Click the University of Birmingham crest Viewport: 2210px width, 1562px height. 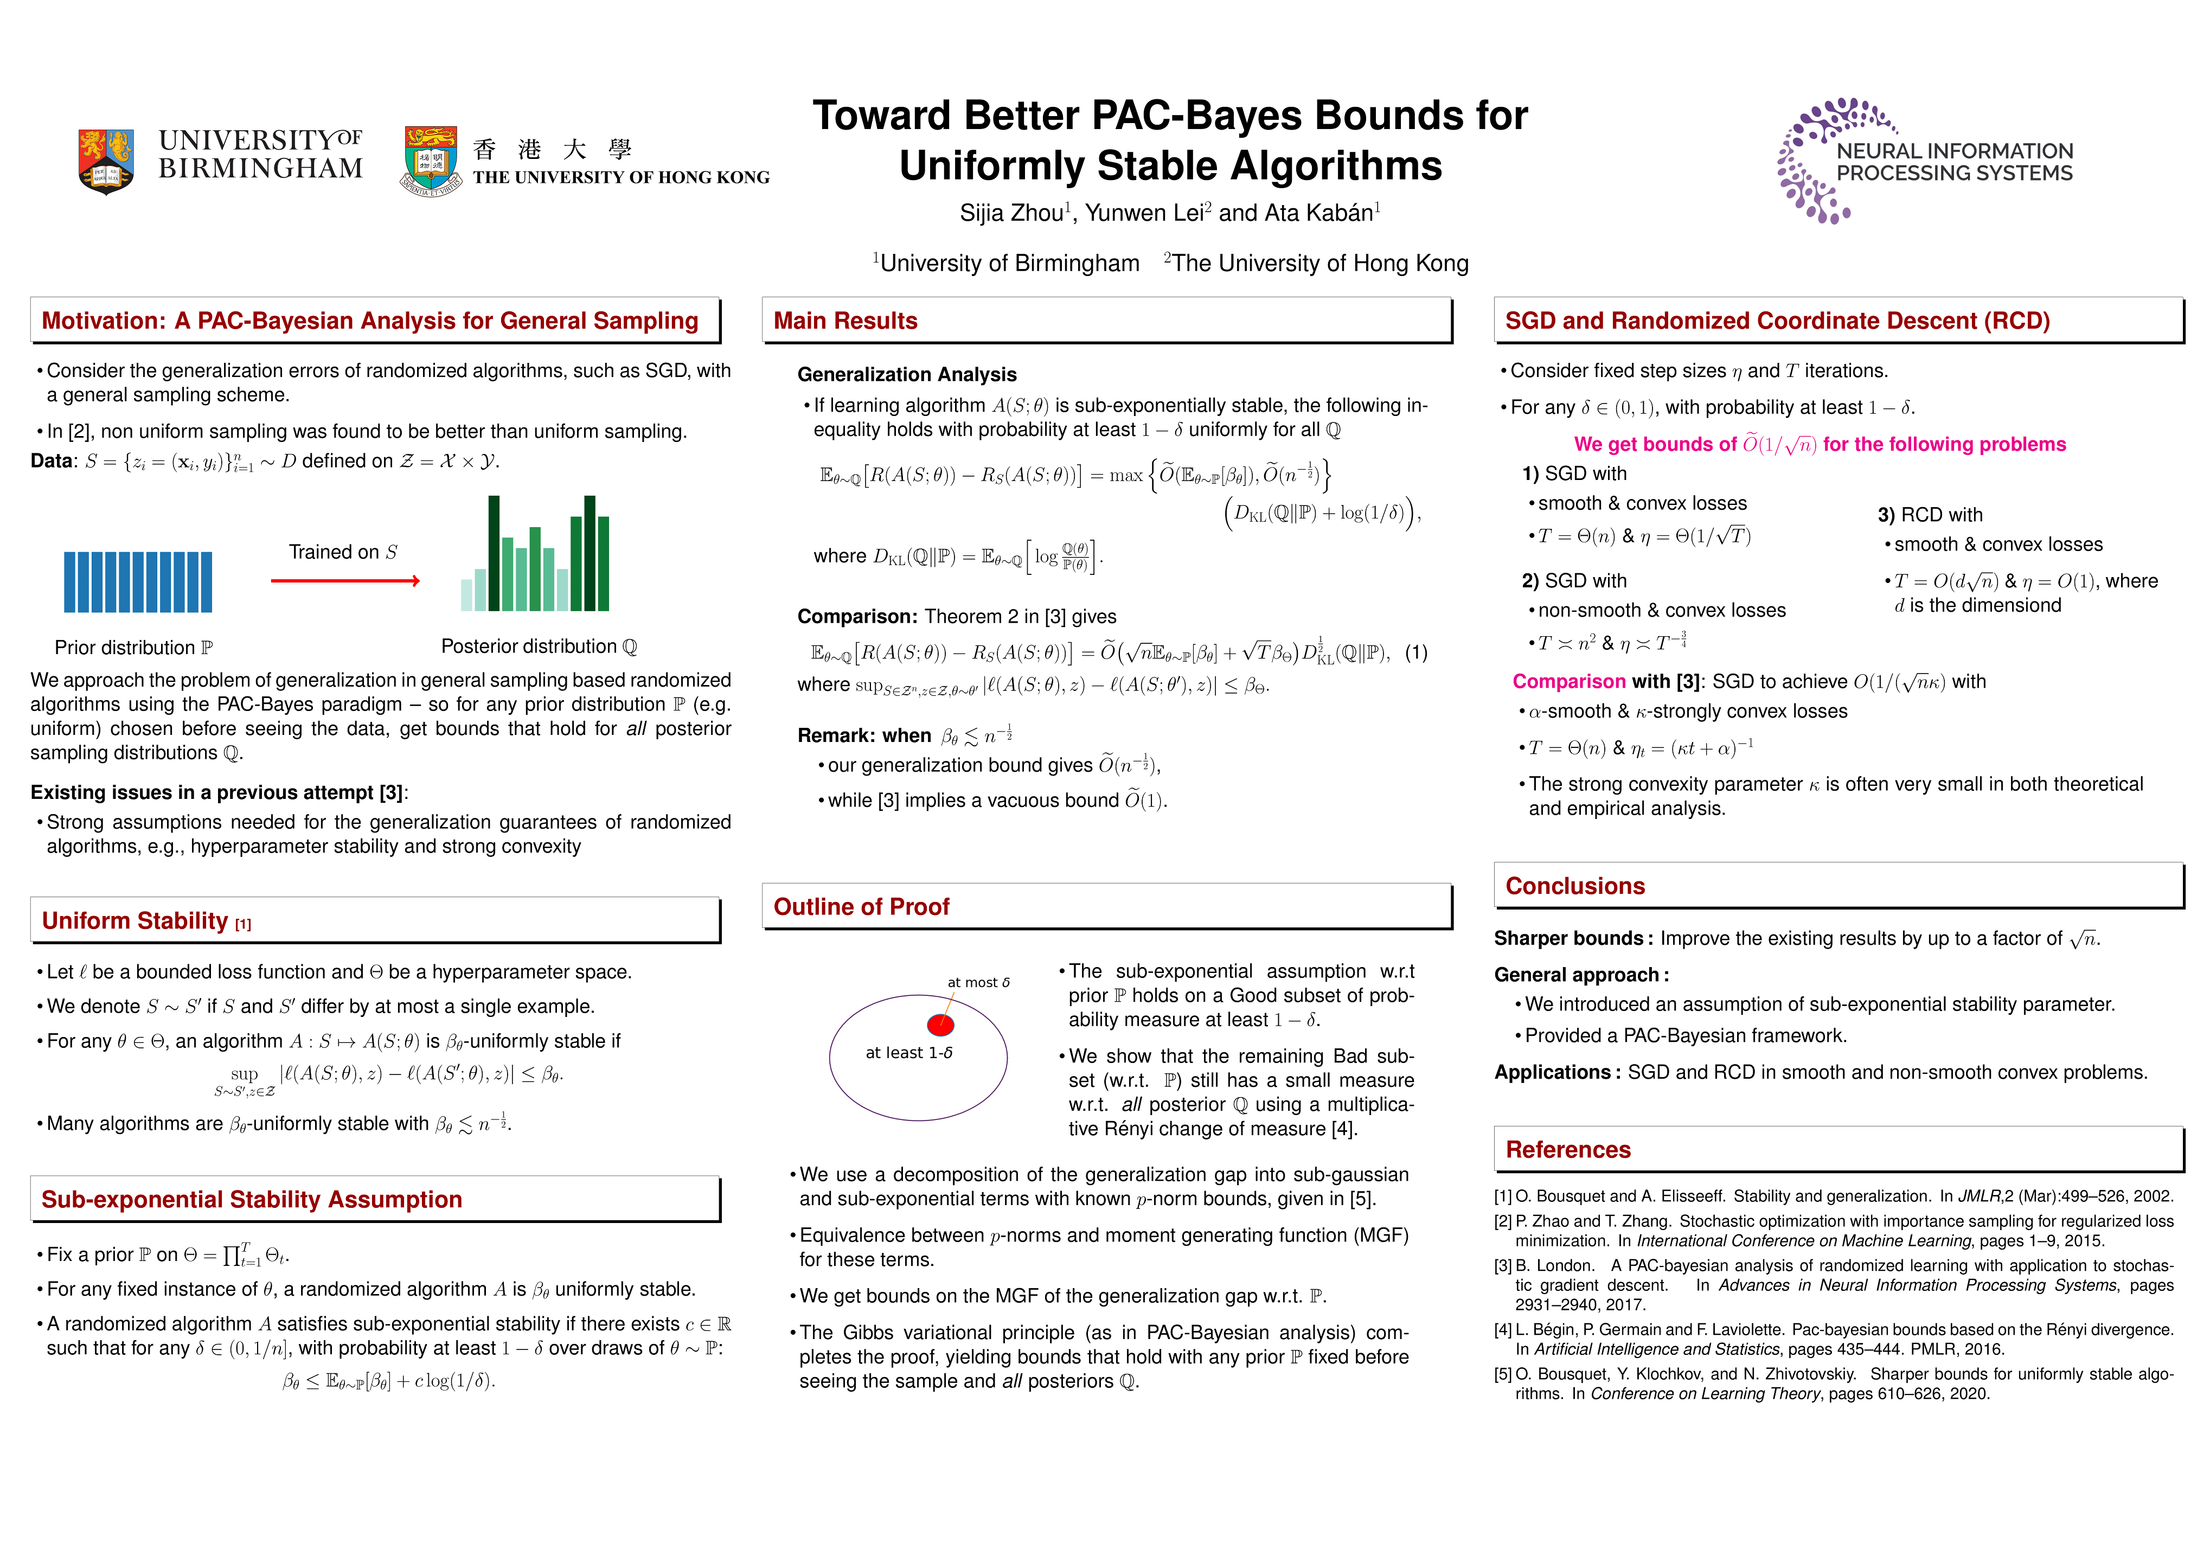(105, 161)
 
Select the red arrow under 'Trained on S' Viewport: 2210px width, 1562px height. (344, 580)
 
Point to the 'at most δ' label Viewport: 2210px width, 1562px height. (978, 983)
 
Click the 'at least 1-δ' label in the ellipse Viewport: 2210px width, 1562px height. (908, 1053)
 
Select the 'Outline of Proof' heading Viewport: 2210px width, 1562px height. (861, 907)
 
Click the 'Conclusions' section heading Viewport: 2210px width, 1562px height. (1575, 886)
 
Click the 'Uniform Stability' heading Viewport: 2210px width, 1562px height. (134, 921)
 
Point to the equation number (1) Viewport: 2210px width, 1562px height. (1416, 652)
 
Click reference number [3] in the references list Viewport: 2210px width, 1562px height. (1503, 1265)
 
